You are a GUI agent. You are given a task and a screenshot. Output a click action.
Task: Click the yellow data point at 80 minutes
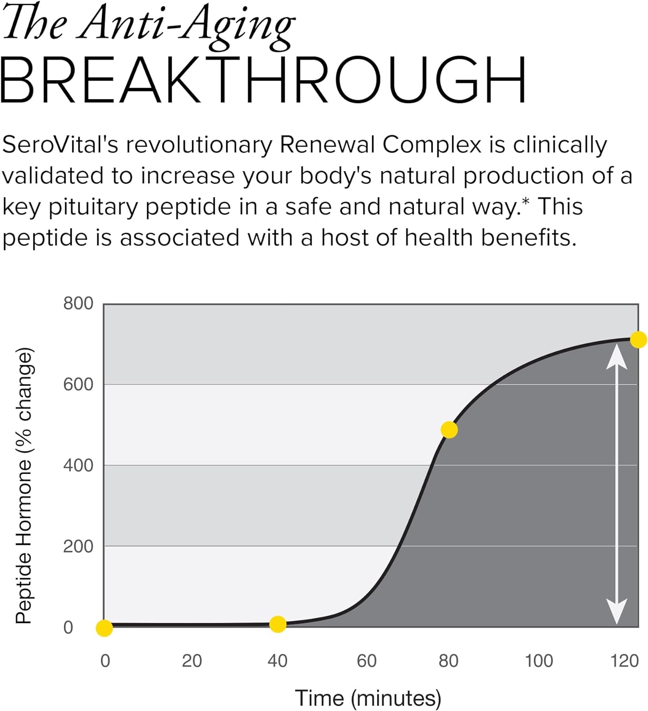pyautogui.click(x=449, y=429)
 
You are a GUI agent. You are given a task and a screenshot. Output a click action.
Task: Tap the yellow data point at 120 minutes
pyautogui.click(x=638, y=339)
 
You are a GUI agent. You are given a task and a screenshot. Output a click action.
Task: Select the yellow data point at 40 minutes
pyautogui.click(x=278, y=624)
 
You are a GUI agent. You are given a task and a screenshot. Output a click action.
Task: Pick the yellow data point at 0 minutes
pyautogui.click(x=104, y=628)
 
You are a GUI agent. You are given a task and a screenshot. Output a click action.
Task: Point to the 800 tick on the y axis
pyautogui.click(x=78, y=303)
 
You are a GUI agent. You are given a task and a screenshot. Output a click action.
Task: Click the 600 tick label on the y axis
pyautogui.click(x=78, y=384)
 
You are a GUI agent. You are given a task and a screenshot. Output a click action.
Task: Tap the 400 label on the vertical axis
pyautogui.click(x=78, y=465)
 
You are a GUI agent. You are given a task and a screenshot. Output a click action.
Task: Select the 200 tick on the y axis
pyautogui.click(x=78, y=546)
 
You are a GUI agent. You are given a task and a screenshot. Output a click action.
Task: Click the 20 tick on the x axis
pyautogui.click(x=192, y=661)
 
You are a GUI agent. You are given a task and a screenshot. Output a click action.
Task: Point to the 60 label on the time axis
pyautogui.click(x=367, y=661)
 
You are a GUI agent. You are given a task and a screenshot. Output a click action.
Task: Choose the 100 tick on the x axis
pyautogui.click(x=539, y=661)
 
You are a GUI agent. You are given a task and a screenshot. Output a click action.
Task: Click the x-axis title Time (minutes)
pyautogui.click(x=368, y=698)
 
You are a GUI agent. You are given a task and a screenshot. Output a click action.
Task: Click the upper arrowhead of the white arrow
pyautogui.click(x=617, y=356)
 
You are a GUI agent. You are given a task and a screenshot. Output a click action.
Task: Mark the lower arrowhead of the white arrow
pyautogui.click(x=617, y=611)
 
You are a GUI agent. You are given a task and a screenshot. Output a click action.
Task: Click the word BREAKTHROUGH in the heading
pyautogui.click(x=263, y=80)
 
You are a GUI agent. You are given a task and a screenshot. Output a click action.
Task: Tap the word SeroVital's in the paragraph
pyautogui.click(x=60, y=145)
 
